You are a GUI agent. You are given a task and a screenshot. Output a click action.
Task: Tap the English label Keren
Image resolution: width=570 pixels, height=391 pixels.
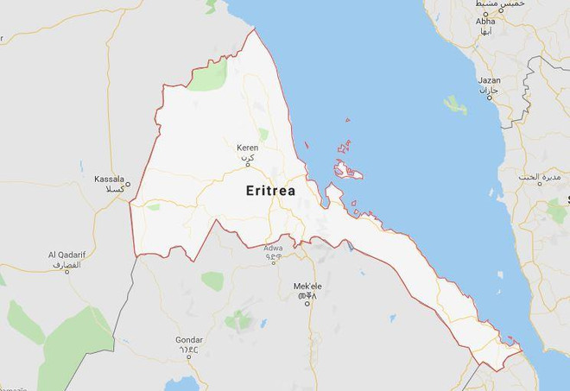[x=248, y=148]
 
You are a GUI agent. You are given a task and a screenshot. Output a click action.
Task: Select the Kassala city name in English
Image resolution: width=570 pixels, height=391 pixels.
[x=109, y=179]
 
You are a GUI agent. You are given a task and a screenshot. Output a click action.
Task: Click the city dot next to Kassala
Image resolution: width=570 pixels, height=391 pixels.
[x=128, y=183]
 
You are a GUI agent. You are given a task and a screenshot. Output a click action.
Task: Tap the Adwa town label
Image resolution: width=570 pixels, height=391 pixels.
[x=273, y=248]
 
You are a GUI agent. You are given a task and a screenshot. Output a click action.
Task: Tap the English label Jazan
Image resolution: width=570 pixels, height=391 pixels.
[x=490, y=80]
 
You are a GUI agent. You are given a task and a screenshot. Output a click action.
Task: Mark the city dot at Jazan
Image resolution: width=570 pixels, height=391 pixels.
[x=489, y=97]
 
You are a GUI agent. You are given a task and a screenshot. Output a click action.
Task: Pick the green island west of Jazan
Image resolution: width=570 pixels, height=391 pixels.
[x=454, y=105]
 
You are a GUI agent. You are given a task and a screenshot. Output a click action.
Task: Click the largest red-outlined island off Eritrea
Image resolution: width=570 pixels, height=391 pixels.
[x=348, y=170]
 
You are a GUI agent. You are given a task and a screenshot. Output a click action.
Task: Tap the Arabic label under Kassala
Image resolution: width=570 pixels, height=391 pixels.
[x=113, y=188]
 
